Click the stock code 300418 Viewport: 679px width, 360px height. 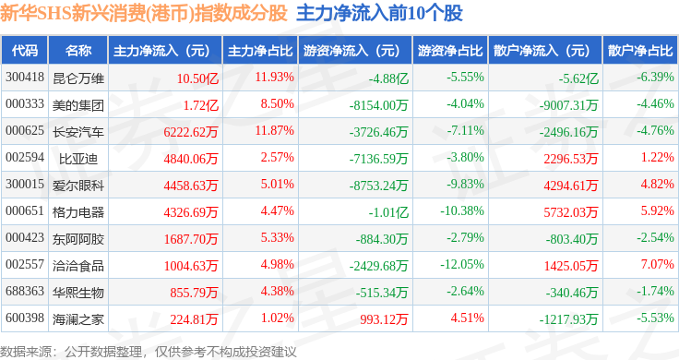25,78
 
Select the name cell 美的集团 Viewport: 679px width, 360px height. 77,105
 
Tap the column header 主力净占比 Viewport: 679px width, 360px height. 260,51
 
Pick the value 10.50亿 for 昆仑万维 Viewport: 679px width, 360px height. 197,78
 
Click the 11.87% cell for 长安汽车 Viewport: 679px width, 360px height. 275,130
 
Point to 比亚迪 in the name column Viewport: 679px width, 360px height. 77,159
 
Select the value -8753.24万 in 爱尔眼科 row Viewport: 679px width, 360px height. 378,186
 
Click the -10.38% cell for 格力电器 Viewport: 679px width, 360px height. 462,211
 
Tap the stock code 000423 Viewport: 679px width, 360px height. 25,237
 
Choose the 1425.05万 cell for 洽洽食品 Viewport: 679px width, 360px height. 571,266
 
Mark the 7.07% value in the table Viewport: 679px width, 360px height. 658,264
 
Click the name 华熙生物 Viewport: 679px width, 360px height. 77,293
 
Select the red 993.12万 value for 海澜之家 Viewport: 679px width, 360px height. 384,319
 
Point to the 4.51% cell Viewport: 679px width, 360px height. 467,318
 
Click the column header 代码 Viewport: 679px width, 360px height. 25,51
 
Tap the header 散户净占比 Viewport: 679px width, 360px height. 640,51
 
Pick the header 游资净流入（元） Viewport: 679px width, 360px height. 351,51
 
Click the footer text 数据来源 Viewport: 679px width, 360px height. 26,352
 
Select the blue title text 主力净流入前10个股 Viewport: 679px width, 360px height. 379,13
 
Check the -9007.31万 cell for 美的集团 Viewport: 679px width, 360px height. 568,105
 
